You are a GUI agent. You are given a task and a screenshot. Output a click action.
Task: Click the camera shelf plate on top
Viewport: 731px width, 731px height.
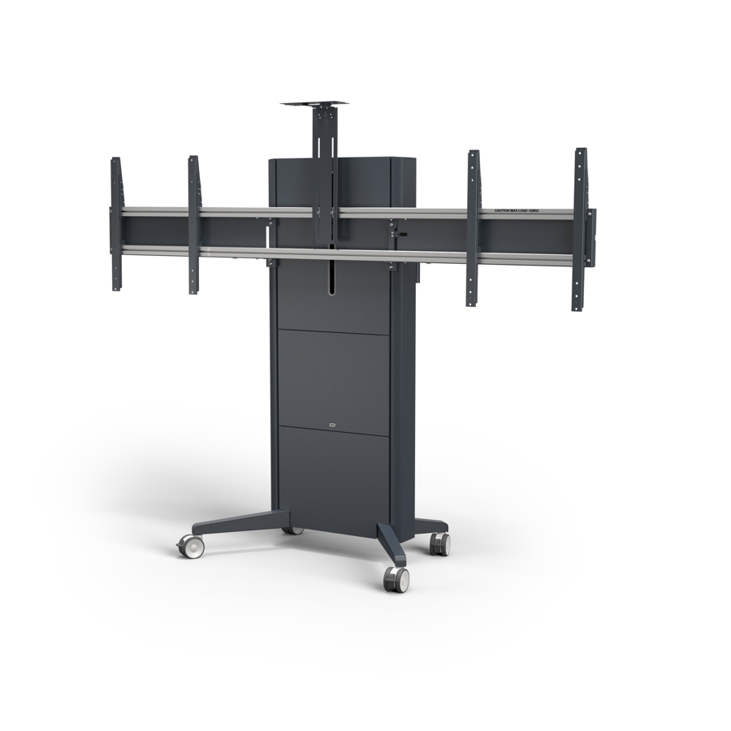pyautogui.click(x=314, y=104)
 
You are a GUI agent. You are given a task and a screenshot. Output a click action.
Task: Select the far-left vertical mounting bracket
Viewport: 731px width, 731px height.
pyautogui.click(x=116, y=224)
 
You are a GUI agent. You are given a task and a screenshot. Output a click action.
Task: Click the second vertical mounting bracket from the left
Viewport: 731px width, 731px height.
pyautogui.click(x=193, y=224)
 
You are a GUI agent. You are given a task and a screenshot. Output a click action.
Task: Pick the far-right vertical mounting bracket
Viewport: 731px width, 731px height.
pyautogui.click(x=579, y=229)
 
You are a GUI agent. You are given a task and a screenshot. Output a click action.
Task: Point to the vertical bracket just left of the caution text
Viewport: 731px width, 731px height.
pyautogui.click(x=473, y=227)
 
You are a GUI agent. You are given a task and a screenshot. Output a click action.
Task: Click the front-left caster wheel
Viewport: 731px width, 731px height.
pyautogui.click(x=192, y=547)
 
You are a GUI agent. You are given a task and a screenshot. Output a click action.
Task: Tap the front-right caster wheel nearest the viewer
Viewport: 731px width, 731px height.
pyautogui.click(x=396, y=578)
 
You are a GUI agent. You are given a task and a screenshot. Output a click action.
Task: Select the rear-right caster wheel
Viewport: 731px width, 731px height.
pyautogui.click(x=439, y=543)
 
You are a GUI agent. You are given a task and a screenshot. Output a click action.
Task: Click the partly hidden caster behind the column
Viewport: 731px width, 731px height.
pyautogui.click(x=293, y=530)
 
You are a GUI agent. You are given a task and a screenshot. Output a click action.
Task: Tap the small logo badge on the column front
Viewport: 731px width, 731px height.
pyautogui.click(x=333, y=422)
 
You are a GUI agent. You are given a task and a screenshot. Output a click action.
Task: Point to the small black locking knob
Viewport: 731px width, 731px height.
pyautogui.click(x=400, y=236)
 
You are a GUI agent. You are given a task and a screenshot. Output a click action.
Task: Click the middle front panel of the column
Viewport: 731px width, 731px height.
pyautogui.click(x=333, y=378)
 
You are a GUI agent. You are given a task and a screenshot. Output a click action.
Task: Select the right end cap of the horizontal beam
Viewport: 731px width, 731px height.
pyautogui.click(x=590, y=237)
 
